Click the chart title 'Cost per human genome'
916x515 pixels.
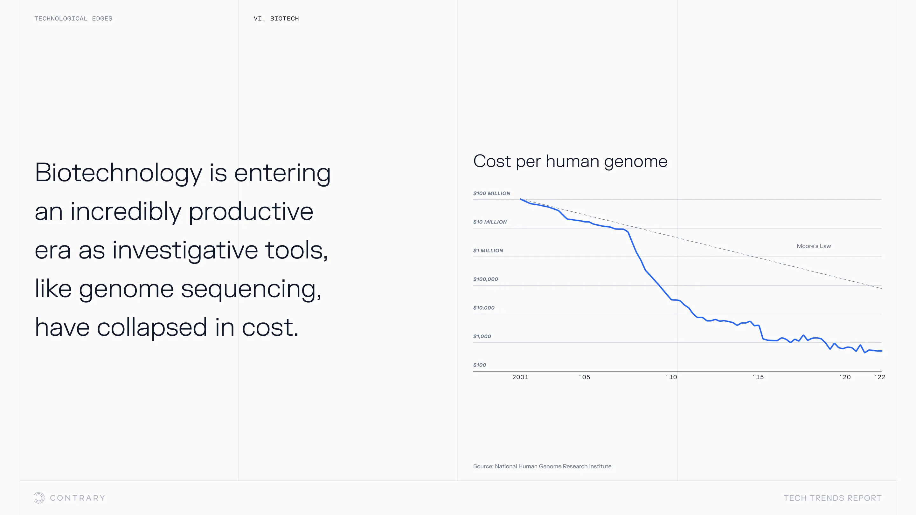570,162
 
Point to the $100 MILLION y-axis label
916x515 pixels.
491,193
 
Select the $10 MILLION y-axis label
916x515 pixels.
490,222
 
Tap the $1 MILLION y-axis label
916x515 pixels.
488,251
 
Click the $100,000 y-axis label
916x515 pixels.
485,279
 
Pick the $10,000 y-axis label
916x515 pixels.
483,308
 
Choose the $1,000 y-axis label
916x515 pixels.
482,337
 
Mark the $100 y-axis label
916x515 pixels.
479,365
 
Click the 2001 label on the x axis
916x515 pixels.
520,377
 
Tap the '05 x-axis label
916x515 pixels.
585,377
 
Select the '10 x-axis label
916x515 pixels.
671,377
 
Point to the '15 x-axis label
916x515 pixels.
758,377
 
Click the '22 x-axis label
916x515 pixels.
880,377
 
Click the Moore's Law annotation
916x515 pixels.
814,246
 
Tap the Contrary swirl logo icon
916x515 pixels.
39,498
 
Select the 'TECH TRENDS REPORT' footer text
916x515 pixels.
832,498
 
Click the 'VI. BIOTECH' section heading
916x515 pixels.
276,18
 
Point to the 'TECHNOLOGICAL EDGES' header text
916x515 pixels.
73,18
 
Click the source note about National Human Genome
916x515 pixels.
543,466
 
